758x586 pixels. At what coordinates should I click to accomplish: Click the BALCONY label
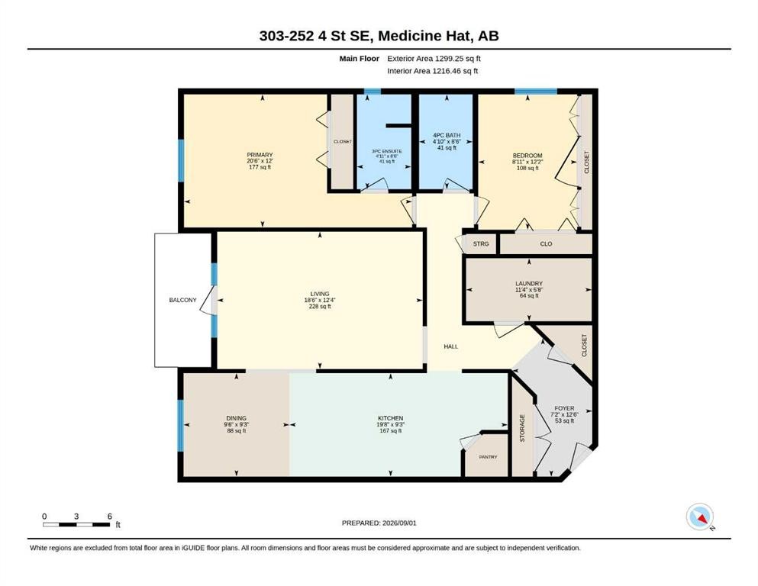pos(182,300)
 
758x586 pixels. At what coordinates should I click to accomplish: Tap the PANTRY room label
pos(488,457)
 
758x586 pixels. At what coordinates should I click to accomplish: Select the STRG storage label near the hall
pos(481,244)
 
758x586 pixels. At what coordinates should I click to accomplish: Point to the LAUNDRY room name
pos(529,284)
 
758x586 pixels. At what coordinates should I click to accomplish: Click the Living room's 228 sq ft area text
pos(320,306)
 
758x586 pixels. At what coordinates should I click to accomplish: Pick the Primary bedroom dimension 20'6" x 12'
pos(260,161)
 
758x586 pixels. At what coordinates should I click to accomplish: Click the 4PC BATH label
pos(447,135)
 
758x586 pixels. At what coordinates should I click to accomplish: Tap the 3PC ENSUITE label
pos(387,151)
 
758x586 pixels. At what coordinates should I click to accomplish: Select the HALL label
pos(451,346)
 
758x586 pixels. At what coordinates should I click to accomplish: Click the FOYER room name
pos(564,408)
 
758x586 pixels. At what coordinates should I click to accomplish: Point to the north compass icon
pos(700,517)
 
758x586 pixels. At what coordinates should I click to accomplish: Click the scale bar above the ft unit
pos(76,524)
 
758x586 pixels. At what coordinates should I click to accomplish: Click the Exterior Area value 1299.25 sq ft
pos(458,59)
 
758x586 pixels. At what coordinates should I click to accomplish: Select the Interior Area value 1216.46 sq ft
pos(455,71)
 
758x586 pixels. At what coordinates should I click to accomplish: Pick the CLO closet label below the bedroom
pos(546,244)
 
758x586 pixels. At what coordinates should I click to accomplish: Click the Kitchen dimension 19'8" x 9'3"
pos(391,425)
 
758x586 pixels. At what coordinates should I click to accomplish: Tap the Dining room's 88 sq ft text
pos(237,430)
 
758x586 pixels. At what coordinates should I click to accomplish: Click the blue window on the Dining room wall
pos(181,426)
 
